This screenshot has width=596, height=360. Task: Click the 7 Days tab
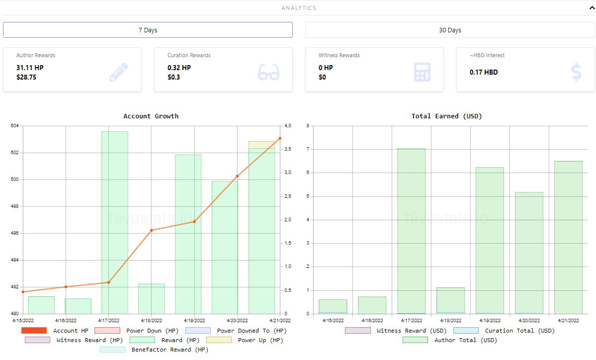(148, 30)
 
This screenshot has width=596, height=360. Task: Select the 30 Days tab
(450, 30)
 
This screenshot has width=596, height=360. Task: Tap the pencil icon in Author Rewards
(119, 72)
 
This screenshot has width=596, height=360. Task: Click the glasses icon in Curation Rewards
(269, 72)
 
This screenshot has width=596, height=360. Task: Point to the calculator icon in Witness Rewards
(422, 72)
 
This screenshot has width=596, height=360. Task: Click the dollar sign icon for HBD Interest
(576, 72)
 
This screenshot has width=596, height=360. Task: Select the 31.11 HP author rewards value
(30, 68)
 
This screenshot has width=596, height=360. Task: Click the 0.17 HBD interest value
(484, 72)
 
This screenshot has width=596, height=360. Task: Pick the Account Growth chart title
(151, 116)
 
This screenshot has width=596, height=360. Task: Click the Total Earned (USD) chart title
(446, 116)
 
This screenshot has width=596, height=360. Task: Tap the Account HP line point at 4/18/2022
(151, 230)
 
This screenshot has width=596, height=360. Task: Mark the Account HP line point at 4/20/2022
(237, 176)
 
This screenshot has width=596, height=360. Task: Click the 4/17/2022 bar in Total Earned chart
(411, 231)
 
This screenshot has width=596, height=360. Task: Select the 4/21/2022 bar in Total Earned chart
(568, 238)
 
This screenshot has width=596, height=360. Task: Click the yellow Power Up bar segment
(261, 145)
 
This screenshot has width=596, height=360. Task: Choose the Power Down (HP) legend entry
(137, 331)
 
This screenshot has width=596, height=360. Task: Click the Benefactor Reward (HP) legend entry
(154, 350)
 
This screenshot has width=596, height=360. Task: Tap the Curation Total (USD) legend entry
(504, 331)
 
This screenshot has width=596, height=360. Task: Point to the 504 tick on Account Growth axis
(14, 125)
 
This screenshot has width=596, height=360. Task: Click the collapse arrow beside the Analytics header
(592, 7)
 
